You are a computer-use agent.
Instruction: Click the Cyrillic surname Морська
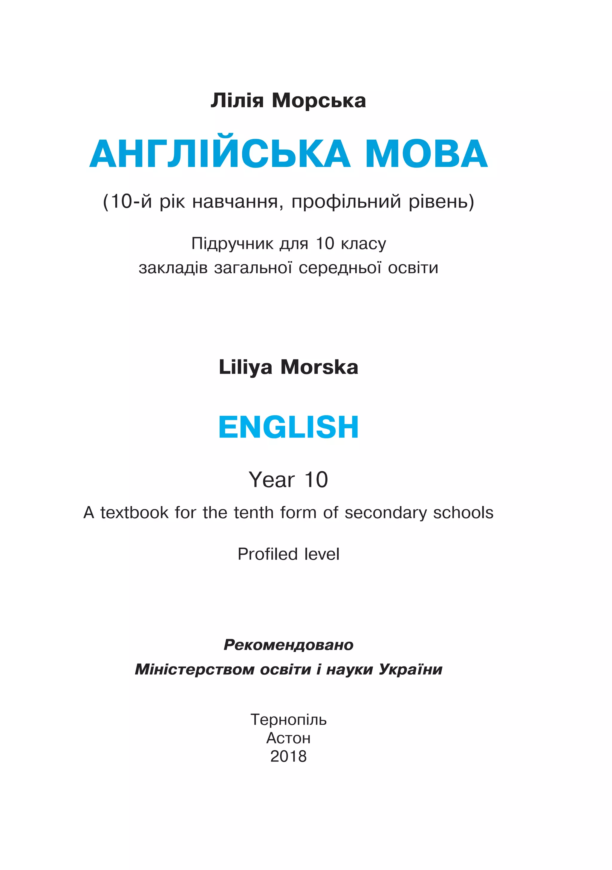pyautogui.click(x=319, y=101)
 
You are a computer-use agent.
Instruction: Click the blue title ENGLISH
pyautogui.click(x=289, y=427)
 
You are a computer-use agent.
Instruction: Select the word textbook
pyautogui.click(x=134, y=513)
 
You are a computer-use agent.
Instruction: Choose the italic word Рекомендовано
pyautogui.click(x=289, y=644)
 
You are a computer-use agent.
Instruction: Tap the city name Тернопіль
pyautogui.click(x=289, y=720)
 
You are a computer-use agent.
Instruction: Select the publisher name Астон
pyautogui.click(x=289, y=738)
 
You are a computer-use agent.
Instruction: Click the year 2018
pyautogui.click(x=289, y=756)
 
